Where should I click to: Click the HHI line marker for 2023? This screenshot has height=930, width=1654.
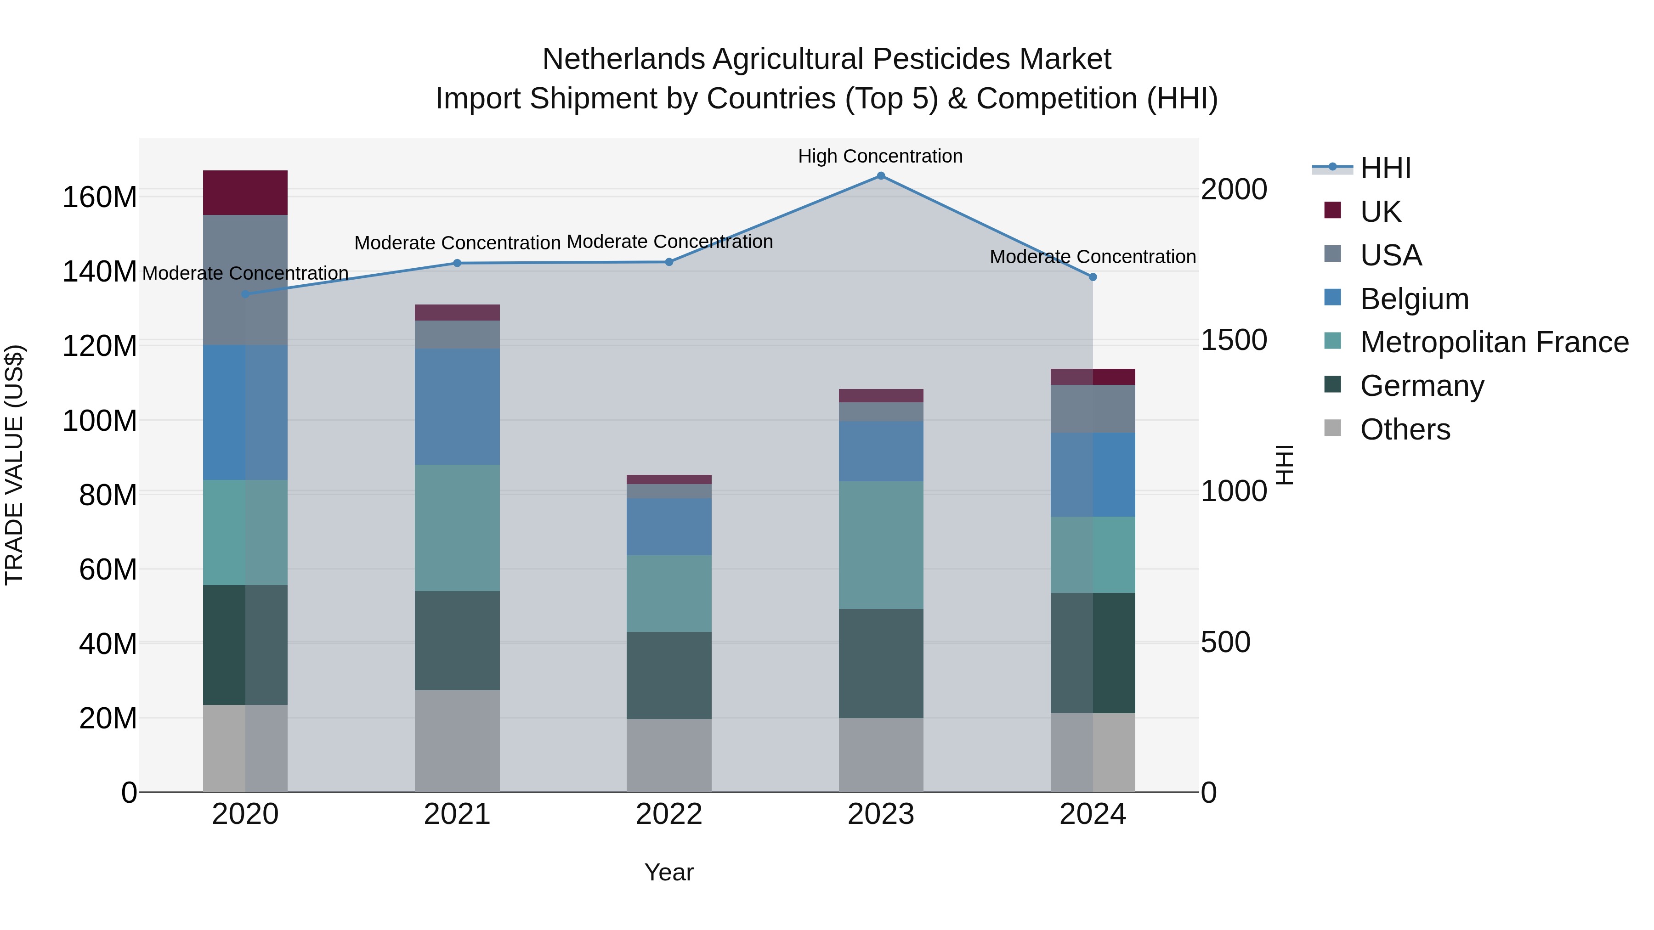pos(880,176)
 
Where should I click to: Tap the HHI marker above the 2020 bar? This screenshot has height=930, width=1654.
pos(245,294)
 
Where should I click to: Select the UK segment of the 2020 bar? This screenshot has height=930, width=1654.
pos(245,192)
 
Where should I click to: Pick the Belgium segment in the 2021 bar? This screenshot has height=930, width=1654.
pos(457,406)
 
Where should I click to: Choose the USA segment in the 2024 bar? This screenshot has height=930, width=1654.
pos(1093,409)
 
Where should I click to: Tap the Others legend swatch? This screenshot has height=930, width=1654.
pos(1333,428)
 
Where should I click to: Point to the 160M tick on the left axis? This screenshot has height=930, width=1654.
pos(100,197)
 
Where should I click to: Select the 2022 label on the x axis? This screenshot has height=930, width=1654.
pos(669,814)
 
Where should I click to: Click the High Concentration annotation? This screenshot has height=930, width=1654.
pos(880,156)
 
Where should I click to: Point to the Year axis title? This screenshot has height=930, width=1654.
pos(669,872)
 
